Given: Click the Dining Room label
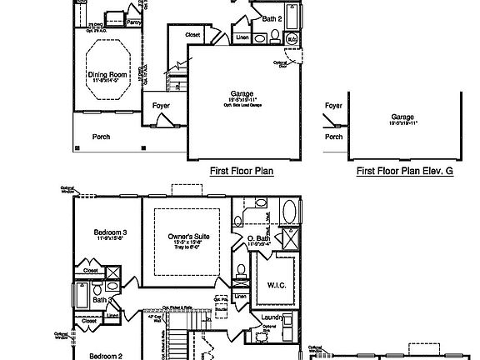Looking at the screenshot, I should click(x=107, y=74).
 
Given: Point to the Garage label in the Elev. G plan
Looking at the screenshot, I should click(x=402, y=117).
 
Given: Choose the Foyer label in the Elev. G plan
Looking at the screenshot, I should click(x=333, y=106).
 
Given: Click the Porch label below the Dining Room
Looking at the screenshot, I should click(x=101, y=137).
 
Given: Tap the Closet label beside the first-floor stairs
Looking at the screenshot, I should click(x=192, y=35).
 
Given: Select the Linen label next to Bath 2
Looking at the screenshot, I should click(x=242, y=38).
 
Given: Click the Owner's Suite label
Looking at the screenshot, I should click(x=187, y=236).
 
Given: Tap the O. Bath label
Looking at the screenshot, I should click(x=257, y=239).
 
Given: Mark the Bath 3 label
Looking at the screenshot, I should click(x=102, y=299).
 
